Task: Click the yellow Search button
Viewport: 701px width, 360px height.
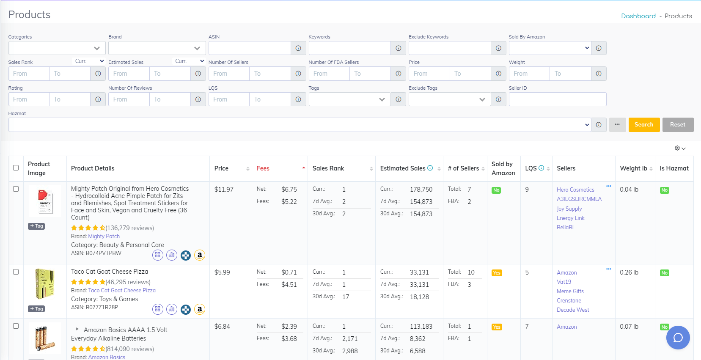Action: coord(644,125)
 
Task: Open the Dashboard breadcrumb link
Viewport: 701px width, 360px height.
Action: coord(638,16)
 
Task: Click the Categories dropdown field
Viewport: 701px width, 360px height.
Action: coord(57,48)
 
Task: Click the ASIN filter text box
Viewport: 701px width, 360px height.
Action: coord(250,48)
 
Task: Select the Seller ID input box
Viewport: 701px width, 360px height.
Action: coord(557,99)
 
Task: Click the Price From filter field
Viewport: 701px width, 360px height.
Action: coord(429,74)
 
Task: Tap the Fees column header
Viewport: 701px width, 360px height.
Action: coord(263,168)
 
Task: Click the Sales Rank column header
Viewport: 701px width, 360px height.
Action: coord(328,168)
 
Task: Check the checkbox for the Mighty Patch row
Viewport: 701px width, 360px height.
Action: coord(16,189)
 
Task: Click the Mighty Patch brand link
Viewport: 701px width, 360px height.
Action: coord(104,236)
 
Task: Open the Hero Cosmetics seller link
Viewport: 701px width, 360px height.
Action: coord(575,190)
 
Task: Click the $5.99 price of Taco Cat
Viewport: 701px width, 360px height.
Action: coord(222,272)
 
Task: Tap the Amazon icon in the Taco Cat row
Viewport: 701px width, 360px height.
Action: coord(200,309)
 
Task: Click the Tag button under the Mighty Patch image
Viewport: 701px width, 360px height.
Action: coord(36,226)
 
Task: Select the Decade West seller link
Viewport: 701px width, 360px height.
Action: coord(573,310)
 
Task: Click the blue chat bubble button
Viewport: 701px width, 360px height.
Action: coord(678,338)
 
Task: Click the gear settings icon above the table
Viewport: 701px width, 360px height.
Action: coord(677,148)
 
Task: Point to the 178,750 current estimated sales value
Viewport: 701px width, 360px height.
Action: coord(421,190)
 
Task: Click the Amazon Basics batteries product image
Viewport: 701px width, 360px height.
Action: coord(45,338)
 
